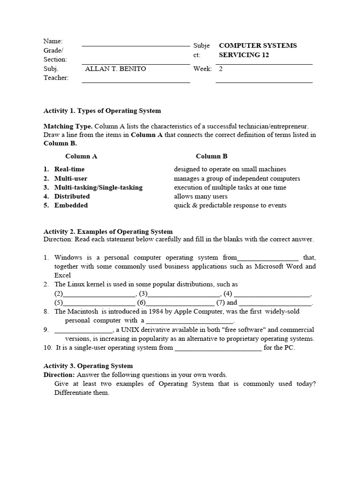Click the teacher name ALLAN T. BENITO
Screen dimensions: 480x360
point(115,69)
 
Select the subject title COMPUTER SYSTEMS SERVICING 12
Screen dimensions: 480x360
point(257,50)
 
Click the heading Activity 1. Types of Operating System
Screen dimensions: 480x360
point(102,111)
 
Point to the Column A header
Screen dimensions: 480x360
point(81,157)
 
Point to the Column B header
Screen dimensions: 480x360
point(211,157)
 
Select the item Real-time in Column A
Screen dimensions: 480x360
point(69,169)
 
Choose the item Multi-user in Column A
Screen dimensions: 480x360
point(70,179)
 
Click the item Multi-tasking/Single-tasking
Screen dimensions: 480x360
point(98,187)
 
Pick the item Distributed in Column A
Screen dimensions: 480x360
point(72,196)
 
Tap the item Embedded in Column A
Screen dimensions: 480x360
point(71,205)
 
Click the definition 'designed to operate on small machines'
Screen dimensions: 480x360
point(230,169)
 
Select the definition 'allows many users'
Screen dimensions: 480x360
point(201,196)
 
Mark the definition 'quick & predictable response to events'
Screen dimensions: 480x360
point(230,205)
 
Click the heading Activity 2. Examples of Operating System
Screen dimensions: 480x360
point(108,232)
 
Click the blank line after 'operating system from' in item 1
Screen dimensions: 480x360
point(268,258)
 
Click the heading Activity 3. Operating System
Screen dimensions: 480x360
point(88,366)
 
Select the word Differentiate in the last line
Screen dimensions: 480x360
point(79,393)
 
